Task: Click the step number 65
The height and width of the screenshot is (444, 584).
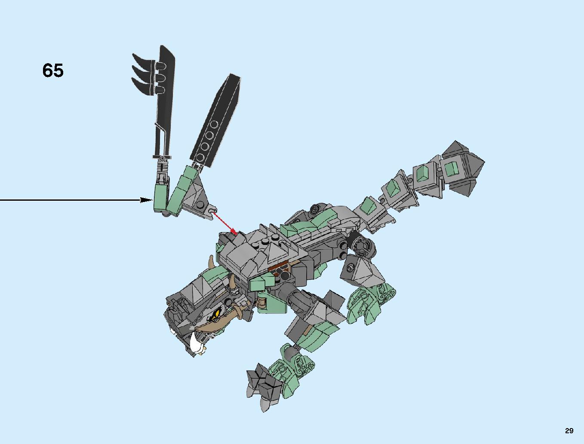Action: tap(53, 70)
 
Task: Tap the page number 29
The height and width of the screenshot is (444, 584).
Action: tap(569, 431)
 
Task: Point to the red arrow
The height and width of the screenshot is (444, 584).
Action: tap(225, 224)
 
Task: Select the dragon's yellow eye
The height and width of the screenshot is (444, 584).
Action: tap(217, 314)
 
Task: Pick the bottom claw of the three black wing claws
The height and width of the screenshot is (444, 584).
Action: tap(142, 85)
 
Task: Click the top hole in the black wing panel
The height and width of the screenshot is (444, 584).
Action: tap(214, 124)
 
